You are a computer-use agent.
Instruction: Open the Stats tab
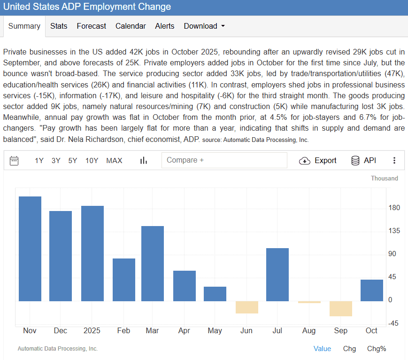pos(59,26)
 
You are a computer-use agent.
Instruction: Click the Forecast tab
pos(92,26)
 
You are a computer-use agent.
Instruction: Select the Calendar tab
pos(131,26)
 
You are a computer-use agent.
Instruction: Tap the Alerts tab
pos(165,26)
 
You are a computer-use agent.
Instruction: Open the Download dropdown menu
pos(204,26)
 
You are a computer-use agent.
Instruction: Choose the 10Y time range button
pos(92,161)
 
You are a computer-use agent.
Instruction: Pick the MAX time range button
pos(114,161)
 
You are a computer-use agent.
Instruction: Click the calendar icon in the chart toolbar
pos(14,161)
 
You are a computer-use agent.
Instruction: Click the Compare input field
pos(224,160)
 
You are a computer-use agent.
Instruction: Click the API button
pos(364,161)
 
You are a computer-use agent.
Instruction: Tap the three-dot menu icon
pos(394,161)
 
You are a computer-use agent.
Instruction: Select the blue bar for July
pos(277,274)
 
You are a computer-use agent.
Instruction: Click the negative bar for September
pos(340,309)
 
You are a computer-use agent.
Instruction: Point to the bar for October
pos(371,290)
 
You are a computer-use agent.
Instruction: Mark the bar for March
pos(153,263)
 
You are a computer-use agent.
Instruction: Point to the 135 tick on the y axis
pos(393,231)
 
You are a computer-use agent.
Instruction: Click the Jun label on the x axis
pos(246,331)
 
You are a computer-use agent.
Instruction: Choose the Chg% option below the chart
pos(377,349)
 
